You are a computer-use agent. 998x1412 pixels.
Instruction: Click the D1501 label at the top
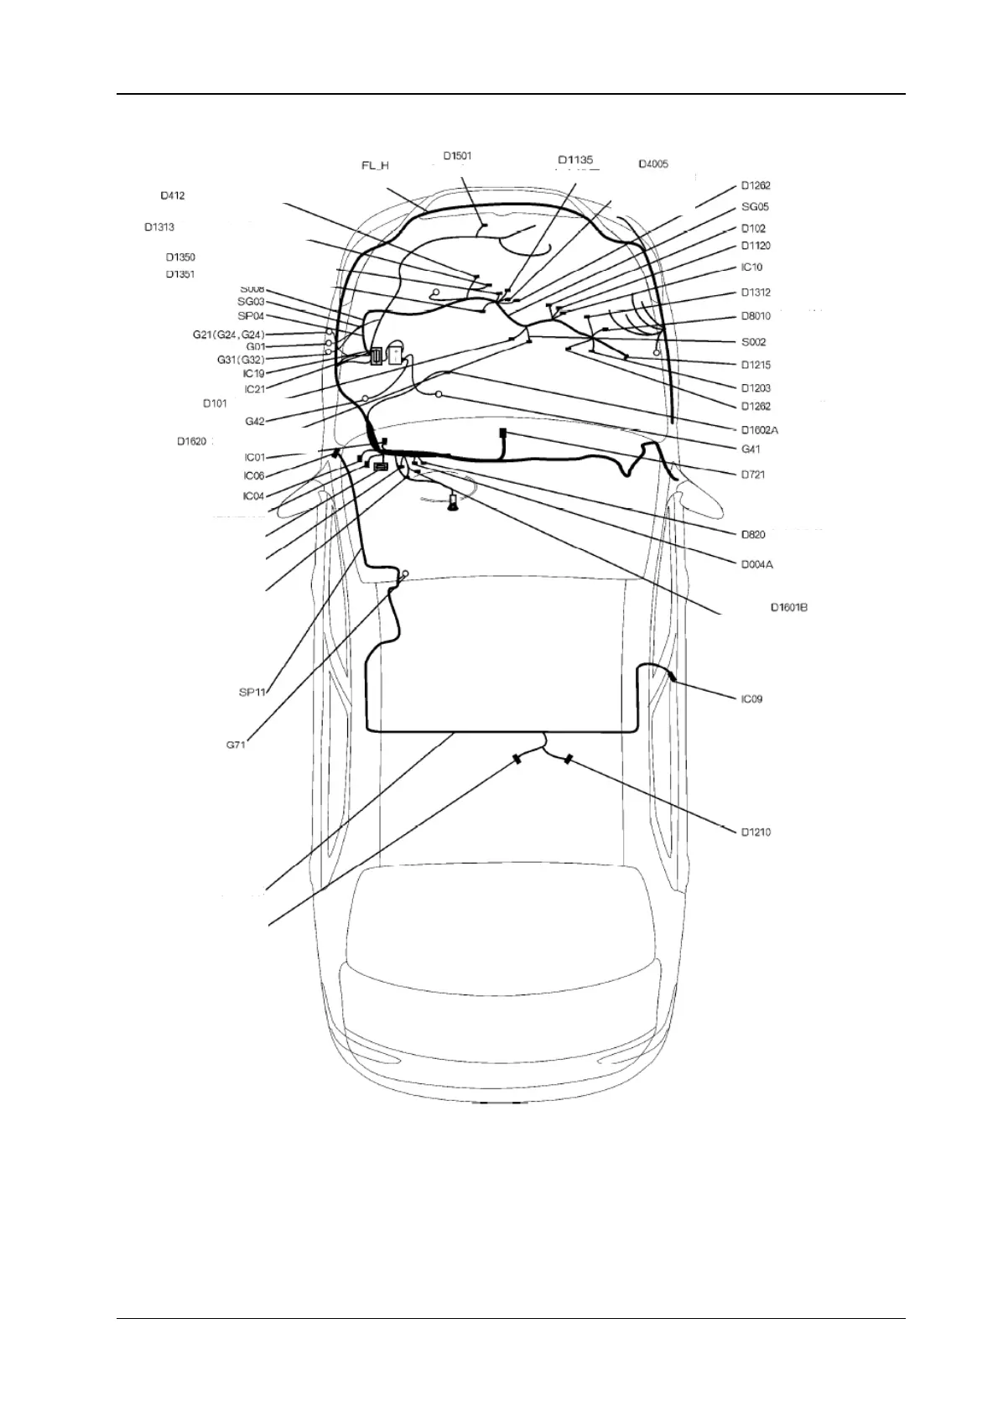tap(457, 155)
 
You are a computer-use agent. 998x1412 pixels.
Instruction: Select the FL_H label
tap(375, 166)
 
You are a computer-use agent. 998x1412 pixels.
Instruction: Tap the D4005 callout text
tap(653, 164)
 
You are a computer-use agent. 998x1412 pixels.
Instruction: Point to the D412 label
tap(173, 196)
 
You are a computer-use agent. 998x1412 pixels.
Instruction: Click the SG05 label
tap(755, 207)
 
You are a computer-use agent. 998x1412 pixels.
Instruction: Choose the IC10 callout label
tap(752, 267)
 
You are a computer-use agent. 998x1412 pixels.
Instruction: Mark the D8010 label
tap(756, 316)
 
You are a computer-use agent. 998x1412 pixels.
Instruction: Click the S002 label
tap(753, 342)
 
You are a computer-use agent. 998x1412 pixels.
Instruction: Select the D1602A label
tap(760, 430)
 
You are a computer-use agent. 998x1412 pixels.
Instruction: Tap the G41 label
tap(751, 449)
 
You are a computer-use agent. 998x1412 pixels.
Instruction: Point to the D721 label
tap(753, 475)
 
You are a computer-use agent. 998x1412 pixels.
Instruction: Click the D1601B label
tap(789, 607)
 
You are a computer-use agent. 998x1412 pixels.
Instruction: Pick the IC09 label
tap(752, 698)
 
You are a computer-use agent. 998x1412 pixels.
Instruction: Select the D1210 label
tap(756, 832)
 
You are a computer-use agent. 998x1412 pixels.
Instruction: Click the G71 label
tap(236, 745)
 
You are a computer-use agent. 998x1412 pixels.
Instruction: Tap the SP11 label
tap(252, 692)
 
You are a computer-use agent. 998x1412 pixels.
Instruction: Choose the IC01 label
tap(255, 458)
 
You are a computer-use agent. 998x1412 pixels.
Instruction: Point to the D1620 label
tap(192, 441)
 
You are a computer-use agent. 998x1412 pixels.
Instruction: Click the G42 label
tap(255, 422)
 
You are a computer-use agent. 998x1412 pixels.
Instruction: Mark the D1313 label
tap(159, 227)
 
